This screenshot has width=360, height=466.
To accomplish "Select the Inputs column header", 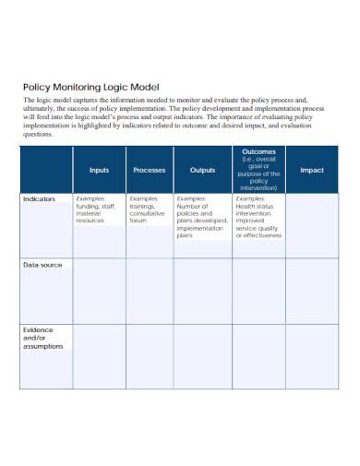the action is pyautogui.click(x=99, y=170).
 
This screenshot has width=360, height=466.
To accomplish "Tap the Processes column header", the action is pyautogui.click(x=150, y=170).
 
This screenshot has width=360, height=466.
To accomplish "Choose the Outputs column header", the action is pyautogui.click(x=202, y=170).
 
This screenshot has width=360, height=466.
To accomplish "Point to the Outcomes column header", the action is pyautogui.click(x=258, y=170).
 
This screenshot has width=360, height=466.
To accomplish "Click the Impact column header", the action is pyautogui.click(x=312, y=170).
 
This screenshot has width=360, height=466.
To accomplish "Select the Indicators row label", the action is pyautogui.click(x=39, y=198).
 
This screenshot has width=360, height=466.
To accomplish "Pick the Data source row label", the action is pyautogui.click(x=42, y=265).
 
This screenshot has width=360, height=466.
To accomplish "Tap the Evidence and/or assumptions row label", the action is pyautogui.click(x=42, y=338).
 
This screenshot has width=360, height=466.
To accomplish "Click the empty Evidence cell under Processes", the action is pyautogui.click(x=150, y=355).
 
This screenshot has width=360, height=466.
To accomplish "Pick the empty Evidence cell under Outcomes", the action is pyautogui.click(x=258, y=355).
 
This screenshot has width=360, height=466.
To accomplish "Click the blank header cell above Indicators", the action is pyautogui.click(x=46, y=170).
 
